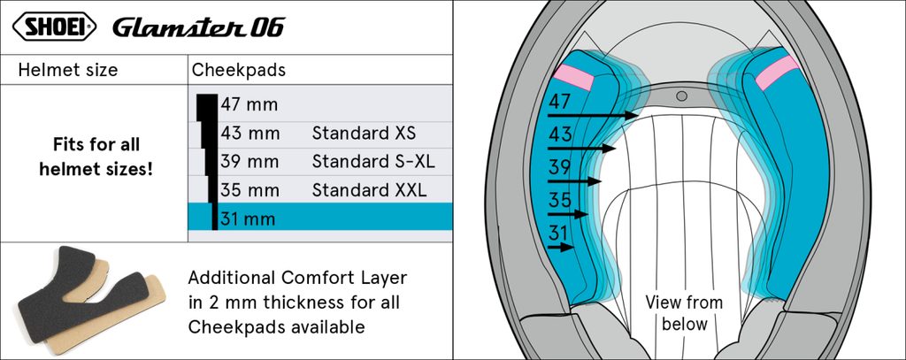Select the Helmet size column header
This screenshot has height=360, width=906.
(x=67, y=70)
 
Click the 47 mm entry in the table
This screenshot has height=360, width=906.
(x=249, y=105)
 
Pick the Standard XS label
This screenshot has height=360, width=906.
(x=364, y=134)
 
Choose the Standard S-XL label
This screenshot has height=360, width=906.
(x=373, y=162)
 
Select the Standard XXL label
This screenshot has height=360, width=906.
(x=369, y=190)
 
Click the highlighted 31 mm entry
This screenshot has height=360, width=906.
(x=249, y=218)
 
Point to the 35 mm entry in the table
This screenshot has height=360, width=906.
(x=250, y=190)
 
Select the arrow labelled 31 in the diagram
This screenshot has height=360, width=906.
(x=564, y=249)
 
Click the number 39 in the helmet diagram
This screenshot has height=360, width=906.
(x=559, y=168)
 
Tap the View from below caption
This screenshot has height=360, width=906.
(x=683, y=313)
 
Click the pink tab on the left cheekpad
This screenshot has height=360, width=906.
(x=572, y=76)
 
